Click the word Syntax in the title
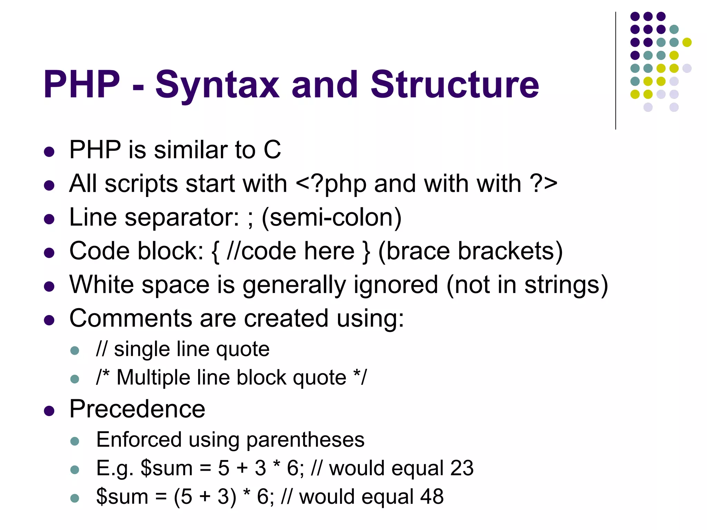tap(217, 85)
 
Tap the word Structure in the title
tap(455, 85)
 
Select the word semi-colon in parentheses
tap(331, 217)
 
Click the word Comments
tap(130, 318)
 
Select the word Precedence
tap(137, 409)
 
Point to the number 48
tap(432, 497)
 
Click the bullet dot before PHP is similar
tap(49, 152)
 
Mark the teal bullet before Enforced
tap(75, 441)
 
